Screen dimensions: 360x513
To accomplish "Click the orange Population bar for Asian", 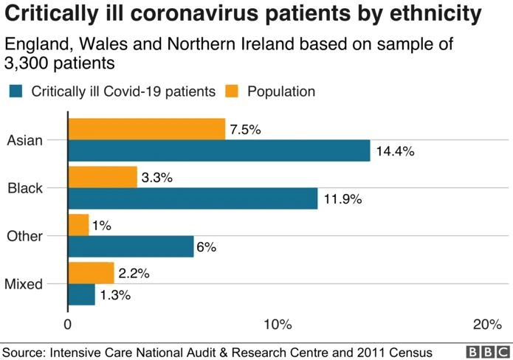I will click(146, 129).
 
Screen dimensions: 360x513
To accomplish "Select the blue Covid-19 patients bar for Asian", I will click(218, 150).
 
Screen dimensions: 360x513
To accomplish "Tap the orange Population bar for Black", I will click(103, 177).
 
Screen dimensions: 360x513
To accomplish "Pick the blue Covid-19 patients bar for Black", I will click(193, 198).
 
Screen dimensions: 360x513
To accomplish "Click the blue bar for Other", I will click(131, 246).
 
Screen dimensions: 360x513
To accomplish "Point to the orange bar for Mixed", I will click(91, 273).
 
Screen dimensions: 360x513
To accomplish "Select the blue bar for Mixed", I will click(81, 294).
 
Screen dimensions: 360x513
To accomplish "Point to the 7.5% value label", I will click(246, 130).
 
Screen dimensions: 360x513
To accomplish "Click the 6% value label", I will click(206, 247).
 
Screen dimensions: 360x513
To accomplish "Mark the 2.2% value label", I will click(134, 274).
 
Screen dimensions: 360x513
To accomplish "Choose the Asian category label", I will click(26, 140).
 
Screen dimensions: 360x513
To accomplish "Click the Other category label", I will click(25, 236).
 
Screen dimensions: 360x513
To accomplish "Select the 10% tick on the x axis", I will click(277, 325).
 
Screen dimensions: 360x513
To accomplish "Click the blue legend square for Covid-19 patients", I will click(16, 91).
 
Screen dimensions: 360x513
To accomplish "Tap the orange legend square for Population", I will click(233, 91).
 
